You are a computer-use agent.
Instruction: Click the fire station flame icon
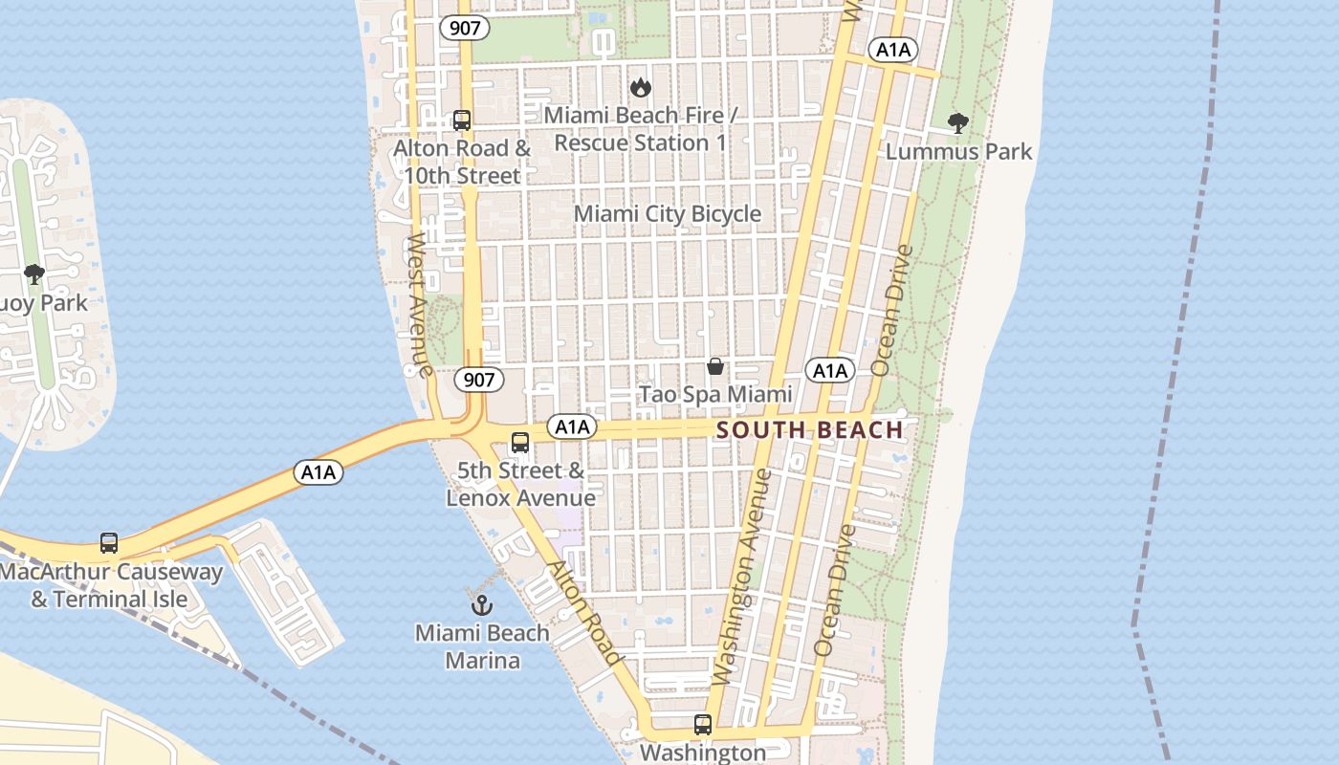640,87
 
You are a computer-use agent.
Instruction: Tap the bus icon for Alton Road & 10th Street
462,120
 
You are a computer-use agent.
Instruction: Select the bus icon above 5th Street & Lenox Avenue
520,443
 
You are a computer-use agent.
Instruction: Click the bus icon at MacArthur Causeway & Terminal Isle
109,543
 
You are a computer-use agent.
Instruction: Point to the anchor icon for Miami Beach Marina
482,604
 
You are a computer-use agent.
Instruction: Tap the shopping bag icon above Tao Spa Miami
714,366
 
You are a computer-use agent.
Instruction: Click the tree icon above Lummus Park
957,123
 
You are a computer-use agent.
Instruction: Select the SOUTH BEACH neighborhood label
809,430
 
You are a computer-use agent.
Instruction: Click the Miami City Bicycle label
667,214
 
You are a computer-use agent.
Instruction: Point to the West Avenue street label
419,303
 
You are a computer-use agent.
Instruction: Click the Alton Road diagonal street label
583,612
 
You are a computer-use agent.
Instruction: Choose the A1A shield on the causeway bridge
318,472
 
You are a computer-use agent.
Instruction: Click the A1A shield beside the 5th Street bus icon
571,426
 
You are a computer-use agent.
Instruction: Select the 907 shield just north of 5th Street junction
478,380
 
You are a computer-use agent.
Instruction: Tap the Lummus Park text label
958,151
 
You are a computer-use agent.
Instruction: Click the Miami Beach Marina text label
482,646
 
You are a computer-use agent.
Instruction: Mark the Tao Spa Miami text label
715,394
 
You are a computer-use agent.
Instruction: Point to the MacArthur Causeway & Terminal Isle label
111,586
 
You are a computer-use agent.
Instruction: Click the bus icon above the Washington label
703,725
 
